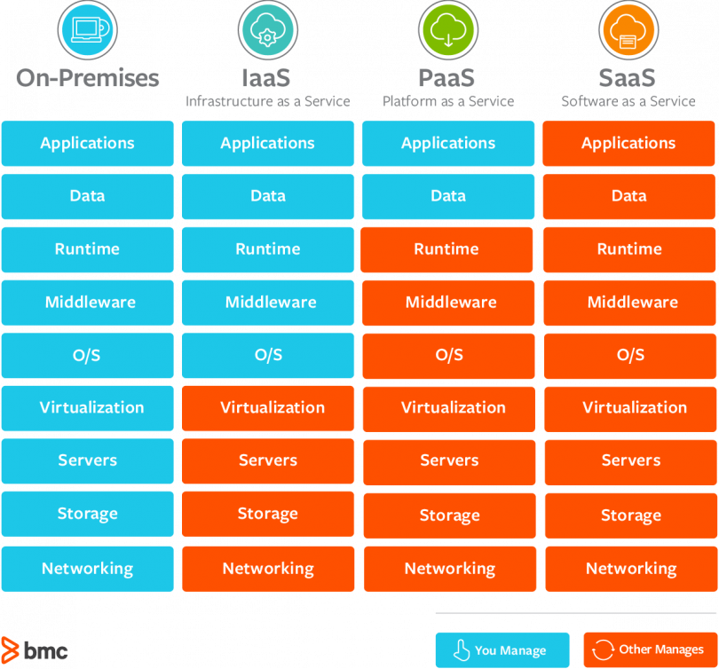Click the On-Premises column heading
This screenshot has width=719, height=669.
click(87, 78)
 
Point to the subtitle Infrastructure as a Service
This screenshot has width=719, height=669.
click(267, 101)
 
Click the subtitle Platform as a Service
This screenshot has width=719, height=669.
click(448, 101)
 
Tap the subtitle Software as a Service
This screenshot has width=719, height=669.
click(628, 101)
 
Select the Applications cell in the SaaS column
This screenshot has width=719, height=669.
click(628, 144)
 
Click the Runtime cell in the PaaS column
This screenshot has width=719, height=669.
click(447, 249)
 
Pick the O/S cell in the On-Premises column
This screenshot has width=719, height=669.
click(87, 355)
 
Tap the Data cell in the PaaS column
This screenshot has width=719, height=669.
click(448, 196)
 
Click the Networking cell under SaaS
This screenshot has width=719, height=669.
click(630, 569)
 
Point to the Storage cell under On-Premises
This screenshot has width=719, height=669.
click(87, 515)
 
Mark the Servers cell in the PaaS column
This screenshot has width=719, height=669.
click(448, 461)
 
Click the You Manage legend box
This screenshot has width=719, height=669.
click(502, 649)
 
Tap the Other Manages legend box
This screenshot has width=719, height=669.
click(650, 649)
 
